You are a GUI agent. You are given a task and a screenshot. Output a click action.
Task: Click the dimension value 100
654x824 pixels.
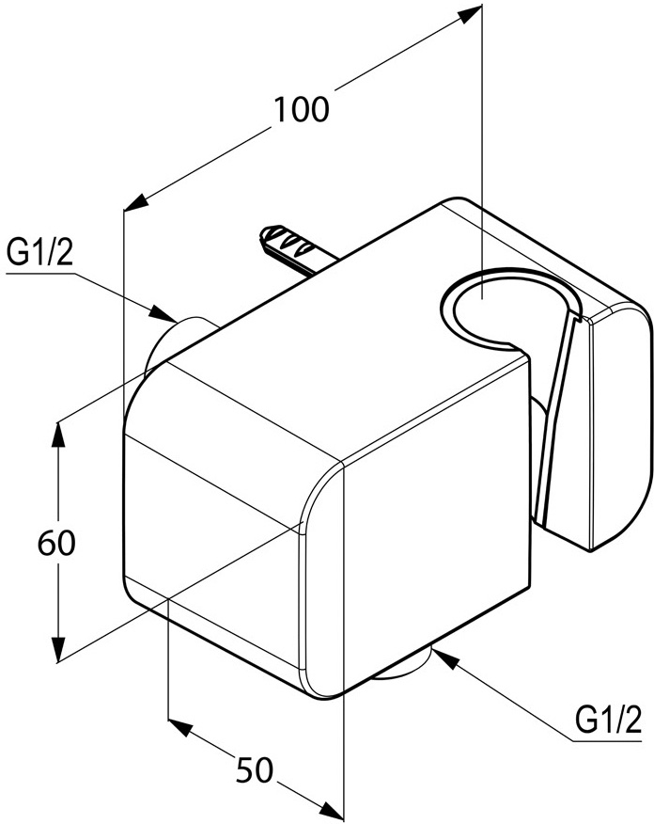tap(302, 110)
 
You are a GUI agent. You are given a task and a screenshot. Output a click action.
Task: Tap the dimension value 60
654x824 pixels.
tap(56, 543)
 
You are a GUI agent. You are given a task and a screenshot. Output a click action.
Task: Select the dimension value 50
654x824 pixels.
tap(255, 769)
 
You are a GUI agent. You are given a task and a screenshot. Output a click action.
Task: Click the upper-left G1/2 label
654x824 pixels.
tap(39, 253)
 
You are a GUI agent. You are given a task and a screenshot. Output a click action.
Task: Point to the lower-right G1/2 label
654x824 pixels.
tap(608, 721)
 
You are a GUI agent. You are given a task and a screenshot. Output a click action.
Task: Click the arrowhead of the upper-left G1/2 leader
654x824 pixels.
tap(163, 313)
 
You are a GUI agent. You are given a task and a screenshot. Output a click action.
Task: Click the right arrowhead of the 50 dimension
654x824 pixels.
tap(328, 809)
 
